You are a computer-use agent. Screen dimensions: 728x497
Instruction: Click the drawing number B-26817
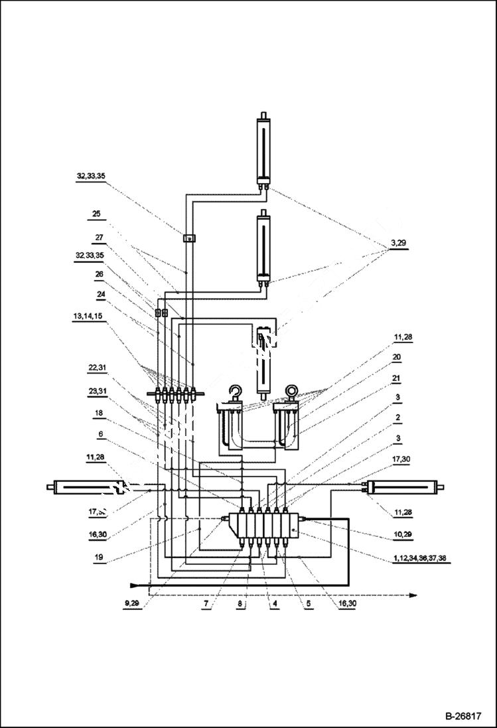[462, 717]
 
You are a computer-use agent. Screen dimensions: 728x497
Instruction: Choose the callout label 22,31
[96, 367]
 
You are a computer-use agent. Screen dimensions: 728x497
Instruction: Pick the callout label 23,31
[96, 391]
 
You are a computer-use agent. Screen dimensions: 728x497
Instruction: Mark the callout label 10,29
[404, 534]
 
